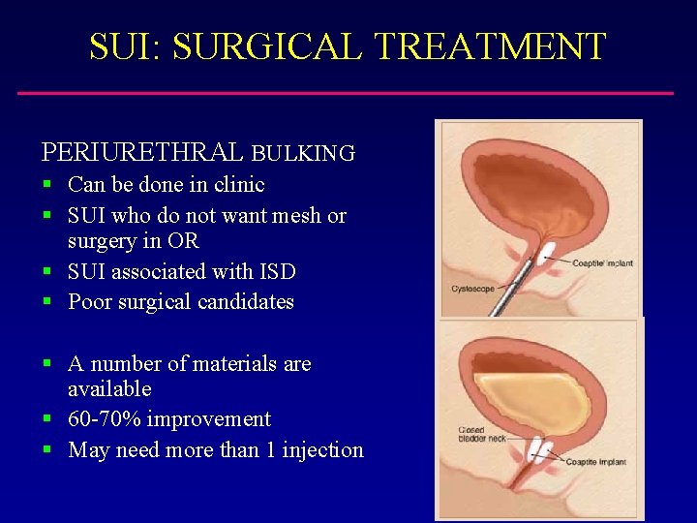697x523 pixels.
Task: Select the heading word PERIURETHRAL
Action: click(x=142, y=153)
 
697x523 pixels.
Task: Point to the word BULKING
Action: click(x=303, y=153)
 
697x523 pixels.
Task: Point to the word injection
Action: click(x=322, y=449)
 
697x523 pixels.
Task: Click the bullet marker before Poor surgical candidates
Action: click(x=47, y=302)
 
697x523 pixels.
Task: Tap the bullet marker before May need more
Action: click(x=47, y=450)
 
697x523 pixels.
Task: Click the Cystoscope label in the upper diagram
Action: click(x=472, y=289)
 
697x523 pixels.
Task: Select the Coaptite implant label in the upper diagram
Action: click(x=601, y=262)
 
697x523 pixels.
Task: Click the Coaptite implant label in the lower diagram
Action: click(x=596, y=462)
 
